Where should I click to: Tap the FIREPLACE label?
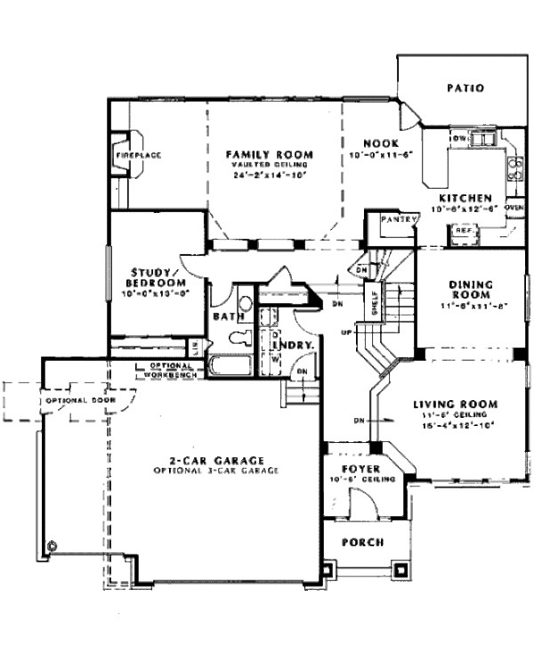(137, 155)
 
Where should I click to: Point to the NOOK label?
(380, 143)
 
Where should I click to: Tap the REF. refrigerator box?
(464, 231)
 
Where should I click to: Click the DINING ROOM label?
(473, 291)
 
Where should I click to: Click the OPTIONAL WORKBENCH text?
(168, 370)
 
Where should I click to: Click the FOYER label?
(362, 468)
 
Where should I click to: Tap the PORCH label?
(363, 542)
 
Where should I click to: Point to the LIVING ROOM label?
(456, 404)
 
